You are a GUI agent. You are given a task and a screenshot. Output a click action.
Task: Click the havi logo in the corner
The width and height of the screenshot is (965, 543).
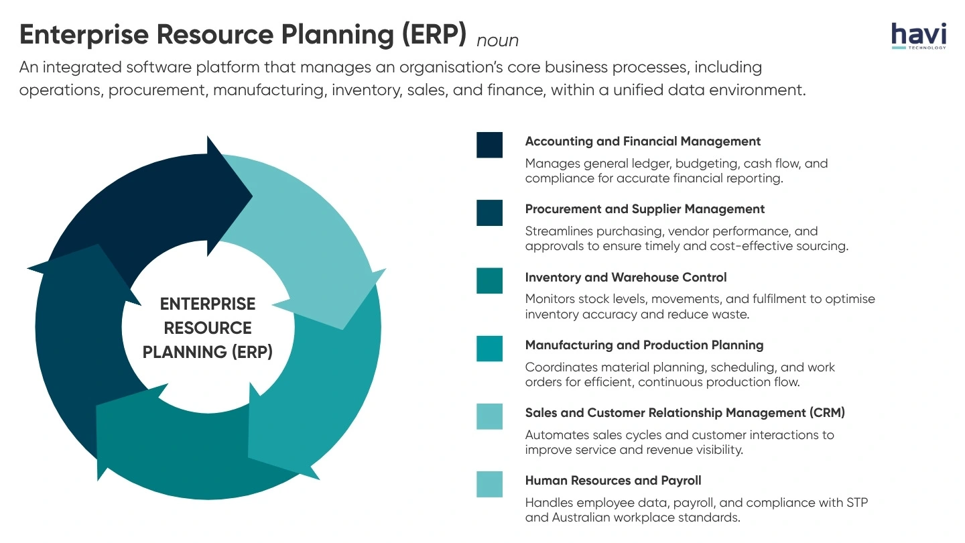(919, 36)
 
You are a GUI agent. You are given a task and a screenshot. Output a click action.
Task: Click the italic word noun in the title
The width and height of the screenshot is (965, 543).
(497, 41)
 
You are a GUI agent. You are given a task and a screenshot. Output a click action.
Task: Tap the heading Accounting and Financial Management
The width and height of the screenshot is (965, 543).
(643, 141)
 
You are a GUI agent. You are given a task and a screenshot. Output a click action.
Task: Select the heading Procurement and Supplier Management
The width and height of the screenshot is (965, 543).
(645, 209)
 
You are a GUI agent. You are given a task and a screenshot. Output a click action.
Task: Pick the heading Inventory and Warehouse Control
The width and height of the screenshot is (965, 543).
(625, 278)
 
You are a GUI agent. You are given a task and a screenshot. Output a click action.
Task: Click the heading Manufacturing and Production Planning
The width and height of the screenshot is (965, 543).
(644, 345)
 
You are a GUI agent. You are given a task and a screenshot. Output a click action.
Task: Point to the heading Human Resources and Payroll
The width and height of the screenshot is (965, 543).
(613, 481)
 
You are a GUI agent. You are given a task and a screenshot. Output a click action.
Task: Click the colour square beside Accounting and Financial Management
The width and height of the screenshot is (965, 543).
(489, 145)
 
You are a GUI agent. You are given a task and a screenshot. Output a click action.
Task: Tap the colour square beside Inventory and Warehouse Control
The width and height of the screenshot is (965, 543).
(489, 281)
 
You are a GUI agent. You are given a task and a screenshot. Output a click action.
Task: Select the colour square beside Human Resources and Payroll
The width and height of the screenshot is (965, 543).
(489, 484)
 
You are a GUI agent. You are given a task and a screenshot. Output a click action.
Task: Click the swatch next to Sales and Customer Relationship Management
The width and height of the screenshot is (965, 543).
(489, 416)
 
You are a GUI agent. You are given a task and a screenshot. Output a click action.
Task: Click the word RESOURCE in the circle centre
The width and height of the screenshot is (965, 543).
(208, 328)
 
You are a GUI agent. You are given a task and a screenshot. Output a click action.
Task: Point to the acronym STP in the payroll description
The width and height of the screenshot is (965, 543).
(857, 503)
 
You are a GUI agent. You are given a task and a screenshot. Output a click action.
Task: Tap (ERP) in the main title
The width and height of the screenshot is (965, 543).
(435, 35)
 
